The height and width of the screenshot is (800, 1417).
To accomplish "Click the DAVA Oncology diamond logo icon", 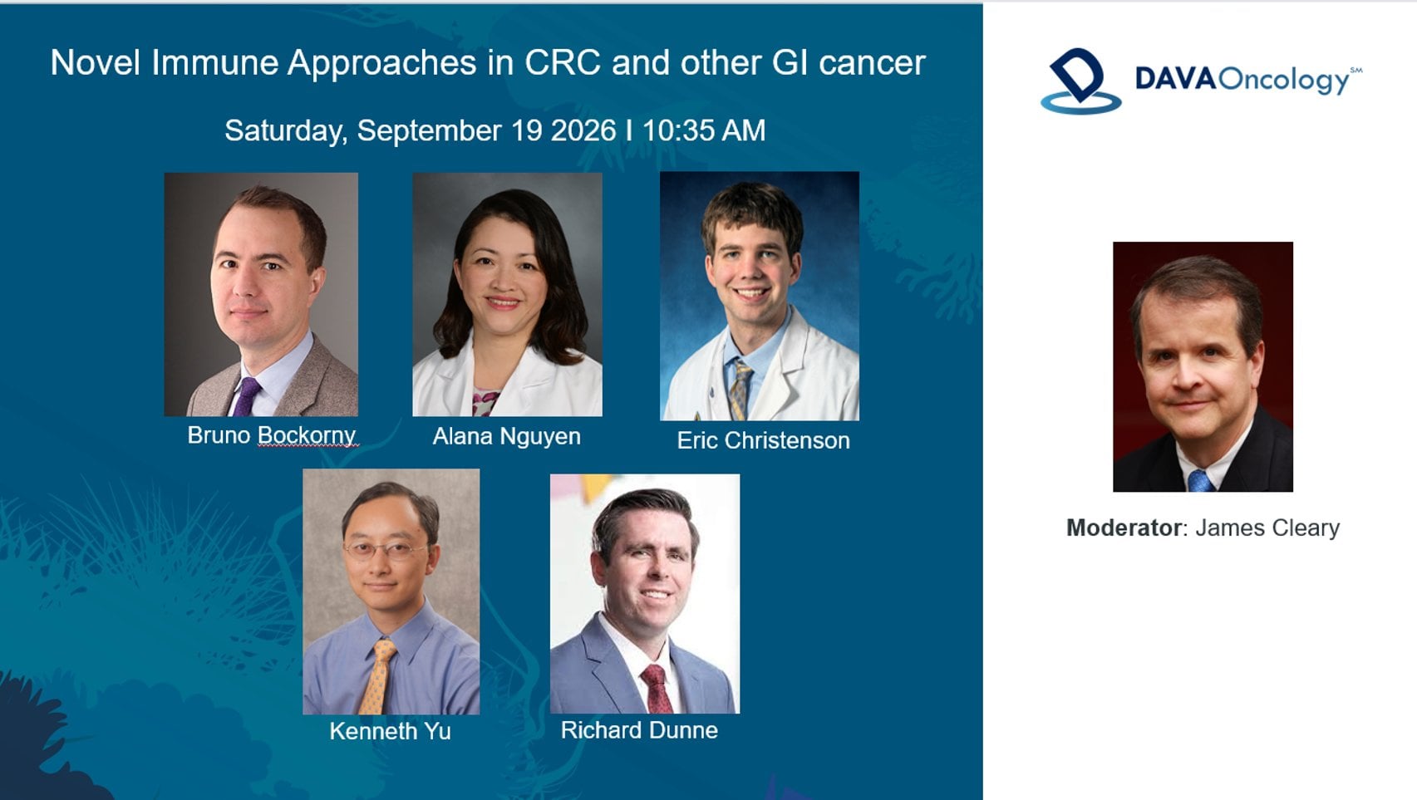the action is (x=1080, y=81).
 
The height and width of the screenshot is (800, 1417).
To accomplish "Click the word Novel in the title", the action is (x=95, y=62).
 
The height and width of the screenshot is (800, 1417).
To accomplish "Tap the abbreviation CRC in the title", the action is (x=563, y=62).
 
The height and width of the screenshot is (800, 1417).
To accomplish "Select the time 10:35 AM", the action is (x=704, y=130).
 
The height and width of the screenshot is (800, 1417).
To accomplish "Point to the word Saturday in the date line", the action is (x=286, y=131).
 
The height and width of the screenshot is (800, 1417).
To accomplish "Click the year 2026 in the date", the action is (x=583, y=130).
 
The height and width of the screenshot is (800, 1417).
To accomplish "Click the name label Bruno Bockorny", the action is (x=272, y=435).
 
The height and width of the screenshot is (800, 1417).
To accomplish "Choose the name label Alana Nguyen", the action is (x=506, y=436).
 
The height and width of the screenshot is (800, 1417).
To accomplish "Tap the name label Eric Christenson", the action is (x=764, y=440).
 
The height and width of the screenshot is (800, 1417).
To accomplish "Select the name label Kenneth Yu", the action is (x=391, y=731).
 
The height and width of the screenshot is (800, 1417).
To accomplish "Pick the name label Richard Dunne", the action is (x=639, y=730).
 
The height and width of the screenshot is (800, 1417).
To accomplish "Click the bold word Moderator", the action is (x=1123, y=528).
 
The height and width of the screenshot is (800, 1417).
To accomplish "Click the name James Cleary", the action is (x=1267, y=528).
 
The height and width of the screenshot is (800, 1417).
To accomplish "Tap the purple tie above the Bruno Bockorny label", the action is (x=246, y=396).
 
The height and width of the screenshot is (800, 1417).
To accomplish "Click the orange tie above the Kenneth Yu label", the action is (x=377, y=677).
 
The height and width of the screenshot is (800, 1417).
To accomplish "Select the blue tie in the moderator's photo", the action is (x=1199, y=481).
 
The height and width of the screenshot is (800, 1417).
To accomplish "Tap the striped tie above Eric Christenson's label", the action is (x=739, y=390).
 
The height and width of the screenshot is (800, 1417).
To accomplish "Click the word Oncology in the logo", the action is (x=1284, y=81).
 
